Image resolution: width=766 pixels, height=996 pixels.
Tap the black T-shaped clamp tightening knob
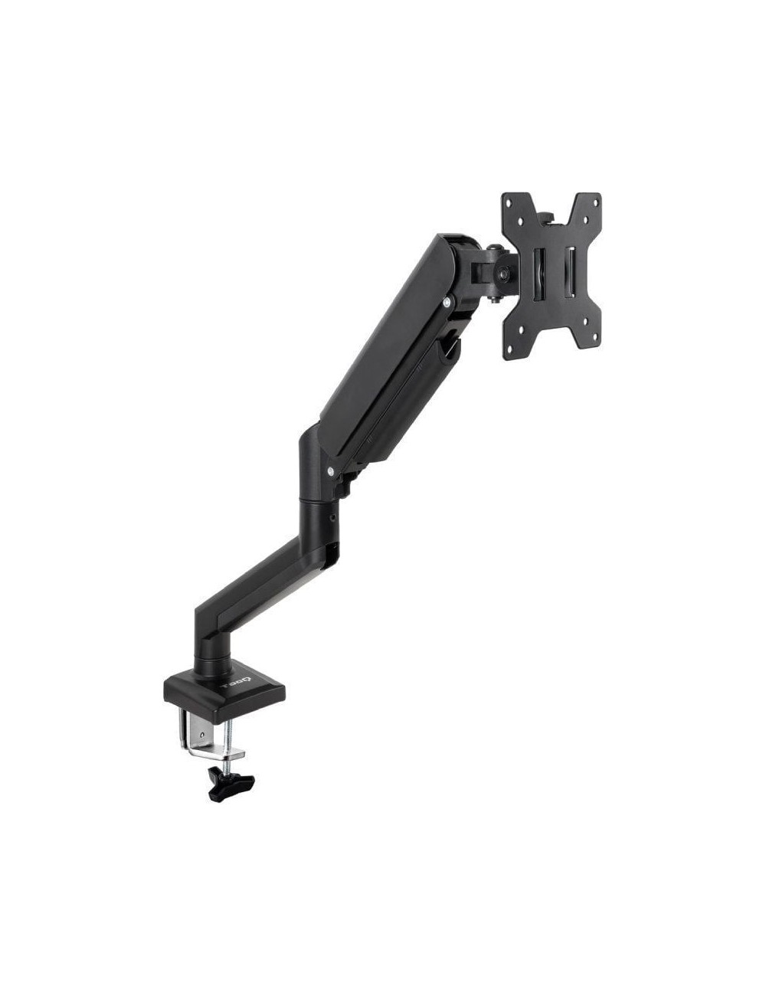pyautogui.click(x=231, y=784)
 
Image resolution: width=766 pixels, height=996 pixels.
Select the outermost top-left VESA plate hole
pyautogui.click(x=508, y=200)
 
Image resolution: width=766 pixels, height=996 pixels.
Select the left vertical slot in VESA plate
pyautogui.click(x=539, y=275)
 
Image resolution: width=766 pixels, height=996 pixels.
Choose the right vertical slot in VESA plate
pyautogui.click(x=570, y=275)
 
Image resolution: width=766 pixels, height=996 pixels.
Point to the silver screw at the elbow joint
pyautogui.click(x=330, y=472)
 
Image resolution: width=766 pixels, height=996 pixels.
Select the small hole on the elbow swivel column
pyautogui.click(x=332, y=518)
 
